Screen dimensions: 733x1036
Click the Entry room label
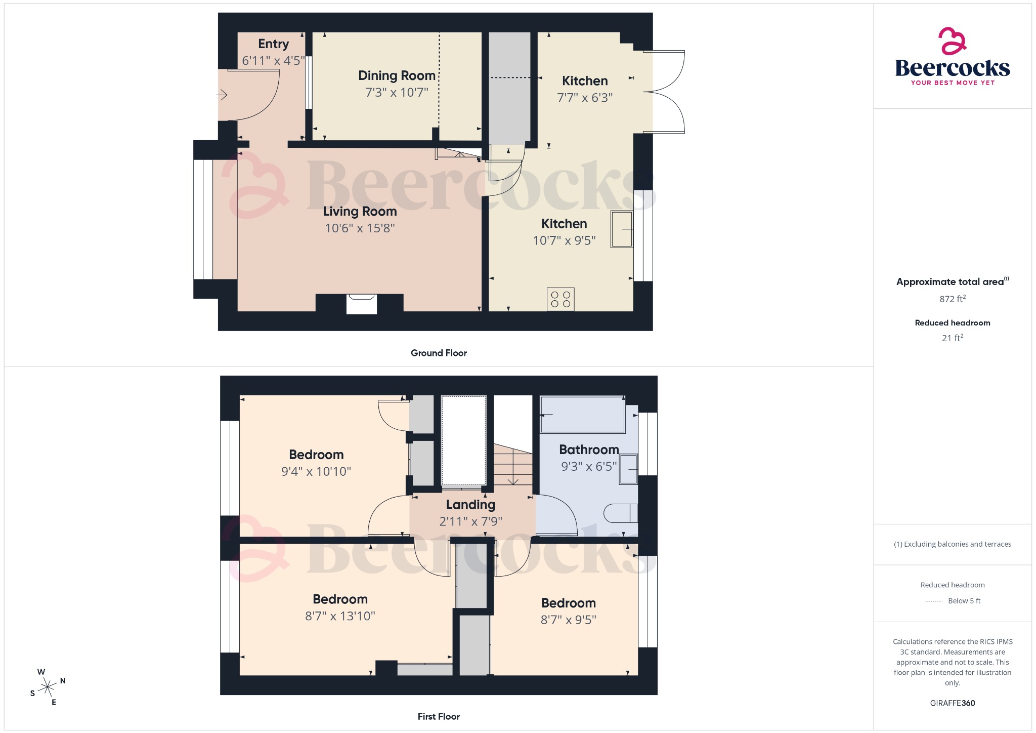click(273, 44)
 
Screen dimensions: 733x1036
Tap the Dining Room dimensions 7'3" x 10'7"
click(397, 92)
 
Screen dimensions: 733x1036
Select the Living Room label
click(360, 211)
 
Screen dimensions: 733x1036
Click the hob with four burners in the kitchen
click(560, 299)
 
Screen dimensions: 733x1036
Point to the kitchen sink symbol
click(622, 229)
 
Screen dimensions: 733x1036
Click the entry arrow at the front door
click(222, 95)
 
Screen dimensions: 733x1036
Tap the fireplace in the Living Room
click(361, 304)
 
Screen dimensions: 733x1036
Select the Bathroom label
click(589, 450)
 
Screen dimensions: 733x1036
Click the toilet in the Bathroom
click(620, 513)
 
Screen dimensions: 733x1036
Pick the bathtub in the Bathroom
click(583, 415)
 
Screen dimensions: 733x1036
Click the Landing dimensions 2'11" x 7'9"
click(470, 521)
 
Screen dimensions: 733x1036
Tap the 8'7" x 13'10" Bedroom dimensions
click(340, 616)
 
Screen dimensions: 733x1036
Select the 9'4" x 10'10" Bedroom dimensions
click(316, 471)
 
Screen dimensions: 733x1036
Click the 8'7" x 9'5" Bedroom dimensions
click(569, 620)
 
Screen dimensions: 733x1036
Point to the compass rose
click(48, 687)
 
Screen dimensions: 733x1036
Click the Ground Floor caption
click(439, 353)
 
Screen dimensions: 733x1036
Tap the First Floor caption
click(439, 716)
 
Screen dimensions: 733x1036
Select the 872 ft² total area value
click(953, 299)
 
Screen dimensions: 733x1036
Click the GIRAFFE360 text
click(953, 703)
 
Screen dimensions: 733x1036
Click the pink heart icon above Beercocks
click(952, 41)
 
